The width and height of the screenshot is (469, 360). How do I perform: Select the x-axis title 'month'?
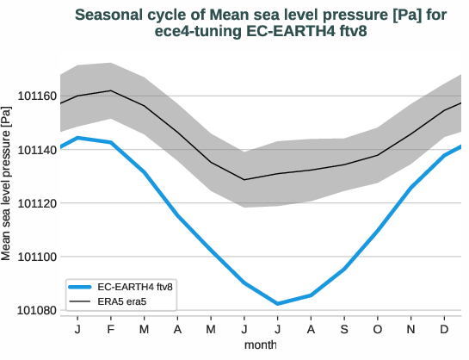[260, 344]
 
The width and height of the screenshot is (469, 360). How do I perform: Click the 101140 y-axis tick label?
[34, 150]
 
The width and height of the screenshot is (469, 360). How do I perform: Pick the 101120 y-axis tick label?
[34, 203]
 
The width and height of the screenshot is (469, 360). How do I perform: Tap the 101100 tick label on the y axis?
[34, 257]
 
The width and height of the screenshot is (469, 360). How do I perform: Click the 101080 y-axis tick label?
[34, 310]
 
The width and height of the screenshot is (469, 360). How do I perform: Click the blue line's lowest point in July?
[277, 303]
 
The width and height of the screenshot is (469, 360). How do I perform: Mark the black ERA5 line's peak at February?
[111, 90]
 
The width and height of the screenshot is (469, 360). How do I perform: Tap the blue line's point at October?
[377, 231]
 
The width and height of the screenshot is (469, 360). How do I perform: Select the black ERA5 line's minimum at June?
[244, 180]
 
